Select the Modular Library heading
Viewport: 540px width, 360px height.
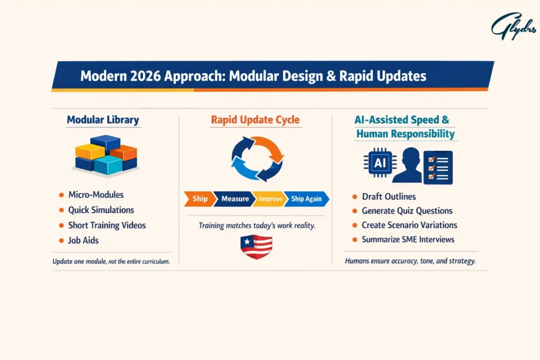pyautogui.click(x=103, y=120)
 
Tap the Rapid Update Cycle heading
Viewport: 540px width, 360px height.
pyautogui.click(x=256, y=120)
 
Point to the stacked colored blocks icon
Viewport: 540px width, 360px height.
pyautogui.click(x=105, y=155)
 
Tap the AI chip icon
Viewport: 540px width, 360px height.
pyautogui.click(x=380, y=163)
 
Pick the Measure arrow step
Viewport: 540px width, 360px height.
pyautogui.click(x=235, y=199)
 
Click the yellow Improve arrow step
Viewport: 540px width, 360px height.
pyautogui.click(x=270, y=199)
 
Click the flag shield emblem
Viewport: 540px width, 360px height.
pyautogui.click(x=256, y=246)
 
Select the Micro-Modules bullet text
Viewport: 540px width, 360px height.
pyautogui.click(x=96, y=195)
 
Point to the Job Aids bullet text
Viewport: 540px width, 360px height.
pyautogui.click(x=83, y=240)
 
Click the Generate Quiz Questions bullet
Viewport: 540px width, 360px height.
pyautogui.click(x=407, y=211)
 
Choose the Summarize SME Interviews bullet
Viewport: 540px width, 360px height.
pyautogui.click(x=408, y=239)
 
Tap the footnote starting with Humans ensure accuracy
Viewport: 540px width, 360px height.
pyautogui.click(x=410, y=261)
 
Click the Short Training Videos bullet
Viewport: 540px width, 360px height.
pyautogui.click(x=107, y=225)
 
